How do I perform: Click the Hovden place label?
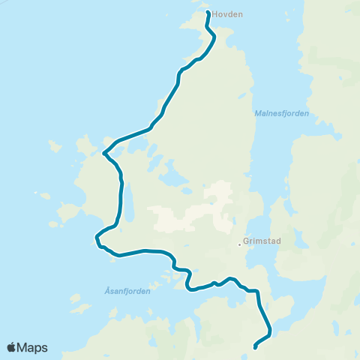[228, 14]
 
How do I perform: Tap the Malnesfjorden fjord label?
[282, 113]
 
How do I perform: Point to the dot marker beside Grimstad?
[239, 244]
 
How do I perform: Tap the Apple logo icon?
[12, 347]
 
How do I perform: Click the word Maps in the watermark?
[33, 347]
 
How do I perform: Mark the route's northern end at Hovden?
[208, 13]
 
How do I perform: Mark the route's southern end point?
[256, 346]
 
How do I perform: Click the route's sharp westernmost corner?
[103, 153]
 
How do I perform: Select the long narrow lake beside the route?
[128, 202]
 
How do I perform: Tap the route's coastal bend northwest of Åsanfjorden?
[97, 240]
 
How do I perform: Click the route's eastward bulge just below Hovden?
[215, 37]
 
